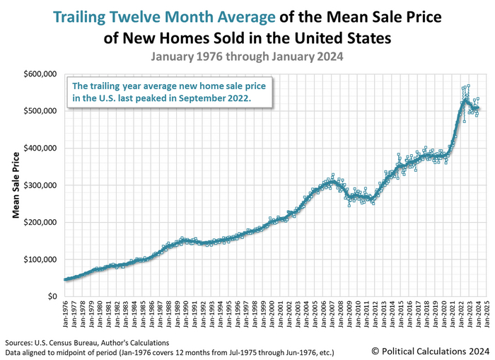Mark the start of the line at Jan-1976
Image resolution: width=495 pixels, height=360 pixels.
(x=66, y=279)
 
